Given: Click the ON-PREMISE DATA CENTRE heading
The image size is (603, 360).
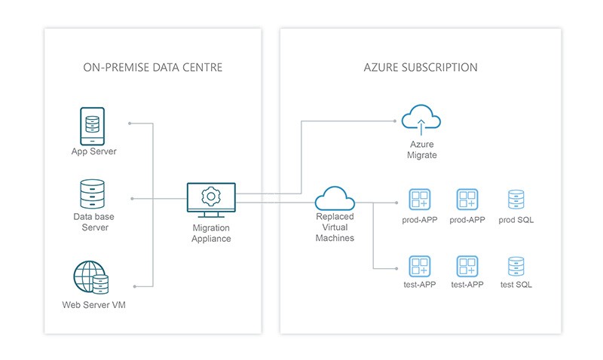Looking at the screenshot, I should tap(152, 68).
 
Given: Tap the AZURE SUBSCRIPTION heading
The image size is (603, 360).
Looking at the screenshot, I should tap(420, 68).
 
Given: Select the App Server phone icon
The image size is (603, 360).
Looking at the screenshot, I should tap(93, 126).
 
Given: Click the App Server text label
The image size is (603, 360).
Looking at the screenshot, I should tap(93, 152).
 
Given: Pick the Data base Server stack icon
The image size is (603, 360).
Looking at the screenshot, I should tap(93, 194).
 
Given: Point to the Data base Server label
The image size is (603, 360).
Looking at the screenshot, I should tap(93, 221).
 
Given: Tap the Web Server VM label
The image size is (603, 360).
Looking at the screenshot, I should tap(93, 305).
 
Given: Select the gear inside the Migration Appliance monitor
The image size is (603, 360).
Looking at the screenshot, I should tap(211, 197).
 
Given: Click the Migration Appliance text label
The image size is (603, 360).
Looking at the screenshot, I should tap(211, 233).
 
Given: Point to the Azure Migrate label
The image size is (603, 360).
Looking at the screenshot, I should tap(423, 149).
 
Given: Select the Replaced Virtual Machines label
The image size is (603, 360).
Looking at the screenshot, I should tap(335, 227).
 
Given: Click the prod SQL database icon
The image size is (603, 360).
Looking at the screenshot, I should tap(516, 199).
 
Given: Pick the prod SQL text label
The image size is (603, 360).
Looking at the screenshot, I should tap(516, 220).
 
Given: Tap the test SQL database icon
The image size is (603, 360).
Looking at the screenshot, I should tap(516, 265).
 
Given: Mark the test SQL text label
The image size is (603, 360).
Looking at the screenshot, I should tap(516, 285).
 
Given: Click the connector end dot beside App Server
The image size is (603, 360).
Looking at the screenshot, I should tap(130, 122).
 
